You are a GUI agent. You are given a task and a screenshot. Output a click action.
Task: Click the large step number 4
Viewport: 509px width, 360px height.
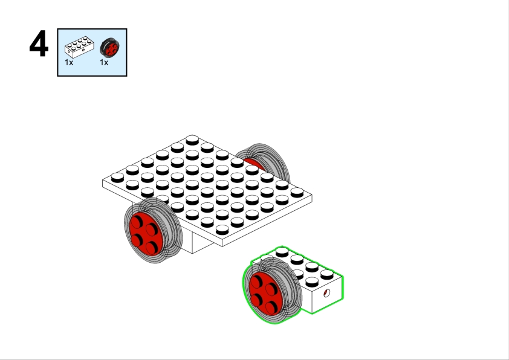39,43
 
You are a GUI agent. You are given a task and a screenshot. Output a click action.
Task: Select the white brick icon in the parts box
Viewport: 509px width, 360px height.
80,47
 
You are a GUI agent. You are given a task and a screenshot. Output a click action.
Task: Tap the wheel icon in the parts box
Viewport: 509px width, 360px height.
109,48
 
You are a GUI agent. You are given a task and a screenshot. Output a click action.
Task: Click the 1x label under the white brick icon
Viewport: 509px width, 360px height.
69,62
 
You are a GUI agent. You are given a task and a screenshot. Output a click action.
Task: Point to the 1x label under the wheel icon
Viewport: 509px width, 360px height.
104,62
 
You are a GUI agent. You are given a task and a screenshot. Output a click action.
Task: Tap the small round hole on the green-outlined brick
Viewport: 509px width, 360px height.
326,293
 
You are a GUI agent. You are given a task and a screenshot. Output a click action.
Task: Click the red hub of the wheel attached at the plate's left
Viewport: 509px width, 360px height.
146,234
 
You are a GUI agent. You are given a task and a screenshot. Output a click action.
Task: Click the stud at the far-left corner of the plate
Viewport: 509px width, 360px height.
117,178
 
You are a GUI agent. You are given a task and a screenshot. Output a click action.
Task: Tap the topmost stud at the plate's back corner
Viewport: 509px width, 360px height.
192,140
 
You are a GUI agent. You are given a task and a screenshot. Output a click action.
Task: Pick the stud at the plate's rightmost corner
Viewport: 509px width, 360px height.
297,193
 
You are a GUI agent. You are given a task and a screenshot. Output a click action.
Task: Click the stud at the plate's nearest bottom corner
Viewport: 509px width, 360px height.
222,230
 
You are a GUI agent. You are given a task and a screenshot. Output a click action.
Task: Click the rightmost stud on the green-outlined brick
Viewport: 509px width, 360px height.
327,275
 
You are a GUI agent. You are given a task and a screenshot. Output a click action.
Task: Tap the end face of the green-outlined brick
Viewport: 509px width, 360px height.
327,295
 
